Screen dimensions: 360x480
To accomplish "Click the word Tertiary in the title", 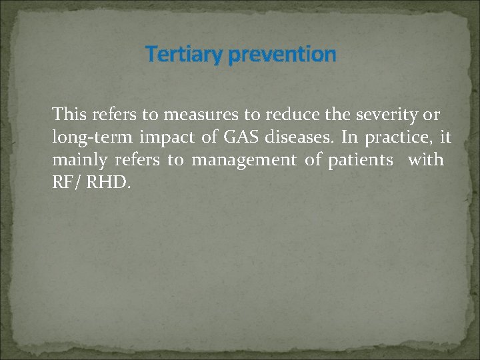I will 184,54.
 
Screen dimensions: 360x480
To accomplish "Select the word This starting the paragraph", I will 70,115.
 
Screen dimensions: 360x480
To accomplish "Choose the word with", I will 425,160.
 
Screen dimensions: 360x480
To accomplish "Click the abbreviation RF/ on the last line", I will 65,183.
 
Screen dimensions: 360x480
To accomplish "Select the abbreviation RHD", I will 107,183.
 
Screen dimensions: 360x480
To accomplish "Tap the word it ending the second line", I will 446,137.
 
